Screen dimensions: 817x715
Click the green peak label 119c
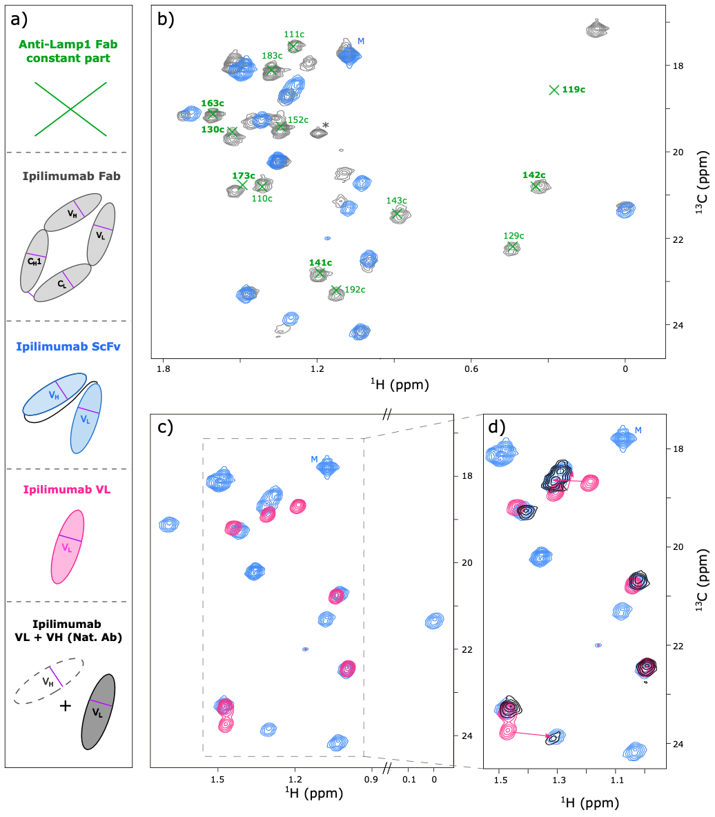pyautogui.click(x=574, y=90)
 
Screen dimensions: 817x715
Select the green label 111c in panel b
pyautogui.click(x=295, y=34)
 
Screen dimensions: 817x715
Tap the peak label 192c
pyautogui.click(x=355, y=290)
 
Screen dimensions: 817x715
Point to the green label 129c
pyautogui.click(x=513, y=236)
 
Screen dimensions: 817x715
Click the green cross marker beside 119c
pyautogui.click(x=554, y=90)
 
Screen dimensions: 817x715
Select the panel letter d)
pyautogui.click(x=498, y=427)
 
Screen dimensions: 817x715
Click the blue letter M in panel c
pyautogui.click(x=315, y=460)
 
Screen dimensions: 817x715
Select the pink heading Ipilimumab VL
pyautogui.click(x=67, y=491)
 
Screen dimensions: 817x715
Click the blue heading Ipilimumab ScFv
pyautogui.click(x=67, y=347)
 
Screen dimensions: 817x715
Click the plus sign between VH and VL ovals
pyautogui.click(x=65, y=705)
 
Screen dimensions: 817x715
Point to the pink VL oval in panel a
pyautogui.click(x=68, y=547)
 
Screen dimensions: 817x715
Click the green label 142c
pyautogui.click(x=533, y=175)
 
